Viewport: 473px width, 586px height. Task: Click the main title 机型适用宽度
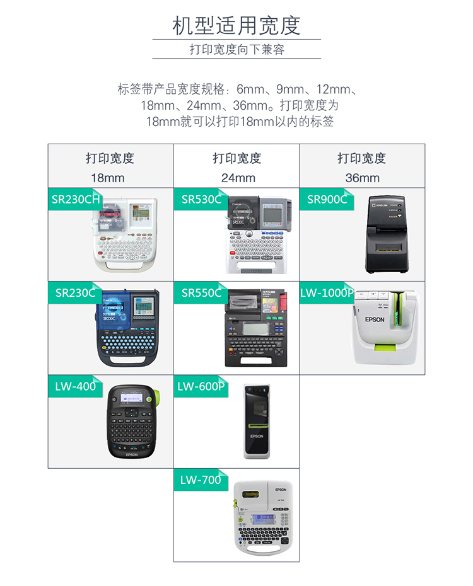click(x=237, y=25)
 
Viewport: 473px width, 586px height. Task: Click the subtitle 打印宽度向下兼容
click(x=237, y=49)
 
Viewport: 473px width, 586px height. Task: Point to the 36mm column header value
click(x=362, y=178)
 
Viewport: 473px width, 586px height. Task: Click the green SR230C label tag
click(x=74, y=293)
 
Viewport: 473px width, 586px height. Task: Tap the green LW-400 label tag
click(x=75, y=386)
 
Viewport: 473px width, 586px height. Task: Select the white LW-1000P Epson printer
click(x=385, y=326)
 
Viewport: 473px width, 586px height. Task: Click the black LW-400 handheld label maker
click(x=131, y=420)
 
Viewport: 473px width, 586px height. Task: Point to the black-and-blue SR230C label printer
click(x=129, y=328)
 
